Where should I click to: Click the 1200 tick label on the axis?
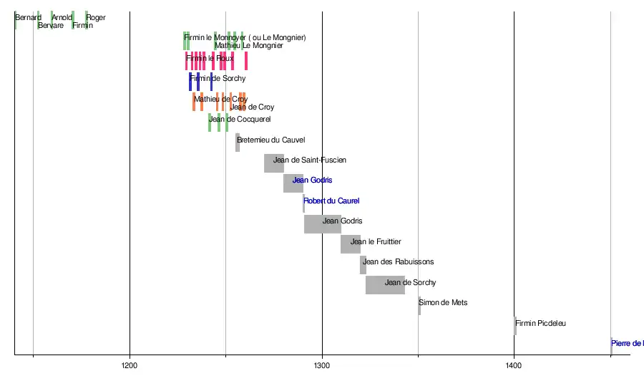click(130, 366)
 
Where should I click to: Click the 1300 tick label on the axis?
click(322, 366)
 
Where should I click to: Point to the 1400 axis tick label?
click(514, 366)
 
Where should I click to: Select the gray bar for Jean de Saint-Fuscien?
click(274, 163)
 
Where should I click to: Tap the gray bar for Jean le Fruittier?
click(351, 244)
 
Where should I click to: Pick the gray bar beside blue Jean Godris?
click(293, 183)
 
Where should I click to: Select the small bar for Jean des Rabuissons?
click(363, 264)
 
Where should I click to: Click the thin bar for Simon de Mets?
click(419, 305)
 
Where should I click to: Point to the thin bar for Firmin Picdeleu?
click(515, 325)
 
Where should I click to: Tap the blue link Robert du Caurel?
click(331, 201)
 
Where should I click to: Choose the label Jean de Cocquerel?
click(240, 119)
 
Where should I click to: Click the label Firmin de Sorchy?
click(218, 78)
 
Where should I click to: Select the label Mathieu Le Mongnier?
click(248, 46)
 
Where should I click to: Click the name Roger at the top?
click(96, 18)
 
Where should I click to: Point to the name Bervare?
click(51, 26)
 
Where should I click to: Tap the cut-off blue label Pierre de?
click(627, 344)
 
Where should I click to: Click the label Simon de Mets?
click(443, 303)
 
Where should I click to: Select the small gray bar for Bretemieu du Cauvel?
click(238, 142)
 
